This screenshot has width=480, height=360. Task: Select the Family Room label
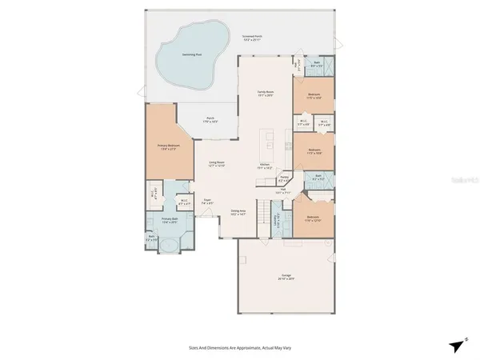click(x=265, y=93)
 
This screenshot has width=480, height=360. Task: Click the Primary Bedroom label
click(x=168, y=146)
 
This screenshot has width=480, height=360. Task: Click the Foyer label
click(x=206, y=202)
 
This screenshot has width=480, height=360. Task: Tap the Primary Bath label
click(x=169, y=220)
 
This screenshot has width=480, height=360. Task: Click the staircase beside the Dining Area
click(x=263, y=185)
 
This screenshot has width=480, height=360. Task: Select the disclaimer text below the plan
click(x=239, y=348)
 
